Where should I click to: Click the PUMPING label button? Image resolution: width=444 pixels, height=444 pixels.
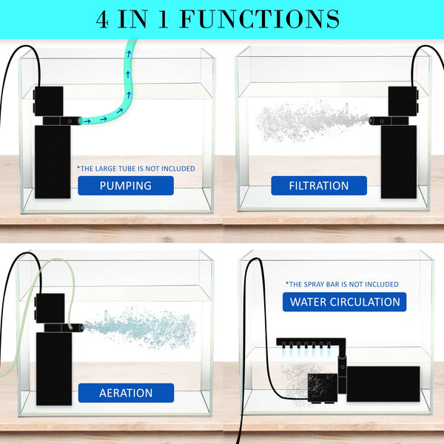click(x=125, y=186)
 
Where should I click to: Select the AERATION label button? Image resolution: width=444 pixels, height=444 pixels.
click(x=125, y=393)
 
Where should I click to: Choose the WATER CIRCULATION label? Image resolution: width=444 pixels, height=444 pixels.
click(x=345, y=302)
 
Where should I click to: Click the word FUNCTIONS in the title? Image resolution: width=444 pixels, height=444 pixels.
click(x=259, y=18)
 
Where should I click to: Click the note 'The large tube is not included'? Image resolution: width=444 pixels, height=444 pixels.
click(x=136, y=169)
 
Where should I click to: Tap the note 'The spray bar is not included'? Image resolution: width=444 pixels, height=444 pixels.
click(x=341, y=284)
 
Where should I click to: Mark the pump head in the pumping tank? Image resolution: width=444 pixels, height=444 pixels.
click(x=50, y=99)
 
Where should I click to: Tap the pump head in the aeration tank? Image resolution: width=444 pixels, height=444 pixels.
click(x=51, y=306)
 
